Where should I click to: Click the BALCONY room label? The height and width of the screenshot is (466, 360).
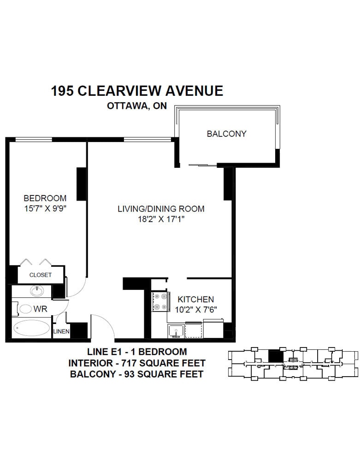(x=226, y=134)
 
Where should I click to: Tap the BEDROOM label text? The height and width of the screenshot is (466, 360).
(x=45, y=198)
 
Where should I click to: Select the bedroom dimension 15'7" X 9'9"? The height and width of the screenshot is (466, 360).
(x=45, y=208)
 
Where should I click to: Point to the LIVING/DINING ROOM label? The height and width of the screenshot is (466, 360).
(x=161, y=209)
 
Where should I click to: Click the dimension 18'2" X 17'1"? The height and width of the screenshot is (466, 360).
(x=161, y=219)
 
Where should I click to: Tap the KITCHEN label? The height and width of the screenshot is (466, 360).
(x=195, y=299)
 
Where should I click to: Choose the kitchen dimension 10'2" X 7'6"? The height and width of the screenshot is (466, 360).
(x=195, y=310)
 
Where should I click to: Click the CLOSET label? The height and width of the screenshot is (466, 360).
(x=41, y=275)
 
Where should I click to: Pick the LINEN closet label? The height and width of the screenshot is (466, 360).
(x=61, y=331)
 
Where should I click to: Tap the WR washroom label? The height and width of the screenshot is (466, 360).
(x=40, y=309)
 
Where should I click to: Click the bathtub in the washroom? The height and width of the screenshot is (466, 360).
(x=31, y=328)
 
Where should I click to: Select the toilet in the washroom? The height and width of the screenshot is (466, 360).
(x=24, y=309)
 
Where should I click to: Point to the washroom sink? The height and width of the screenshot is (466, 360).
(x=37, y=291)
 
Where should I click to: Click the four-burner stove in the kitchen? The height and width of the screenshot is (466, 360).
(x=160, y=302)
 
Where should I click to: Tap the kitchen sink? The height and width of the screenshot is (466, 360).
(x=176, y=331)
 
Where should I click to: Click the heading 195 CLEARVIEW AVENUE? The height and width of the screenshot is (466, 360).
(x=137, y=91)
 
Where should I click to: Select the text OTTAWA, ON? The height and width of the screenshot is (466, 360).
(x=137, y=106)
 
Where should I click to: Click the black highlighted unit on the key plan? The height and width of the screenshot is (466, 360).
(x=276, y=356)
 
